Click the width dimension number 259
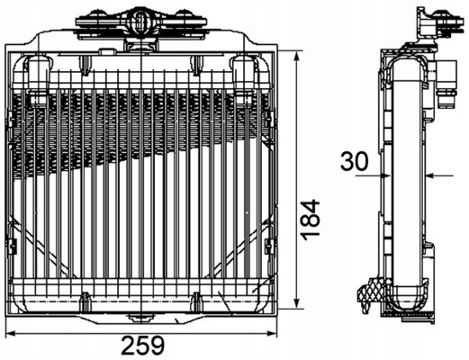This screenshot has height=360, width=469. click(141, 346)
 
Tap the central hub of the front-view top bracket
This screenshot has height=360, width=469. click(140, 18)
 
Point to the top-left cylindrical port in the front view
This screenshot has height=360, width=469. click(38, 77)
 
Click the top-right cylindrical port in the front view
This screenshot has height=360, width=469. click(243, 77)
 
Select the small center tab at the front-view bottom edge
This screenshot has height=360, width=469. click(140, 316)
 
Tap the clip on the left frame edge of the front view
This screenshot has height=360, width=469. click(12, 244)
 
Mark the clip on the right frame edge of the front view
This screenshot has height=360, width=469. click(269, 244)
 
